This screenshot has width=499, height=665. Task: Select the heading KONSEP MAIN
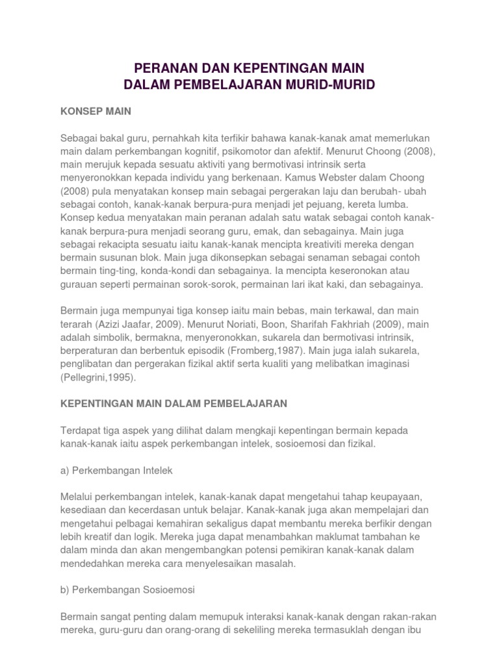pyautogui.click(x=96, y=111)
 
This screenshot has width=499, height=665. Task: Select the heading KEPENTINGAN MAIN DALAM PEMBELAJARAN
pyautogui.click(x=173, y=403)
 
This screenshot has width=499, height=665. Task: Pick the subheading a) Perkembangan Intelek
pyautogui.click(x=116, y=469)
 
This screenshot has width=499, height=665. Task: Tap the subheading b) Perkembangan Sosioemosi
pyautogui.click(x=127, y=590)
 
